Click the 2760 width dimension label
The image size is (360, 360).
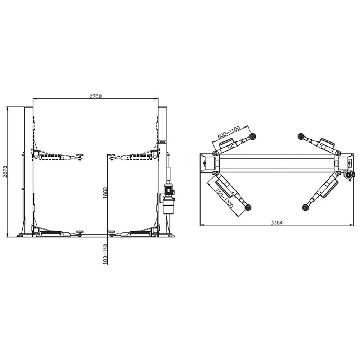pyautogui.click(x=96, y=96)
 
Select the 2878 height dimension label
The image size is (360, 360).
pyautogui.click(x=5, y=172)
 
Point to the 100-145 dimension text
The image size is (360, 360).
pyautogui.click(x=105, y=254)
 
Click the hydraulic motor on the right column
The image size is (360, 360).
pyautogui.click(x=168, y=189)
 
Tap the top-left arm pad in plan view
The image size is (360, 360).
pyautogui.click(x=253, y=136)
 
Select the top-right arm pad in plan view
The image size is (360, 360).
pyautogui.click(x=301, y=136)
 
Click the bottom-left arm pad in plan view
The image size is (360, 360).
pyautogui.click(x=248, y=207)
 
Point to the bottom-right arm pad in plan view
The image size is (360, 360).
pyautogui.click(x=306, y=207)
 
